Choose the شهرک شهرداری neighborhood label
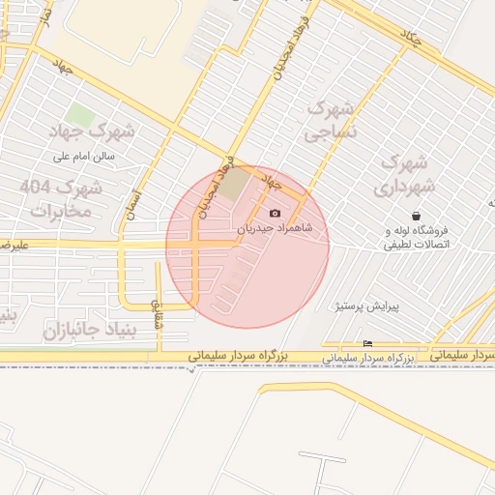coord(405,172)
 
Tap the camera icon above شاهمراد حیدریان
coord(275,213)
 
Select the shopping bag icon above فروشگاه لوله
coord(416,216)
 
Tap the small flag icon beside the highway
coord(366,344)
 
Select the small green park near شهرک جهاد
coord(79,115)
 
